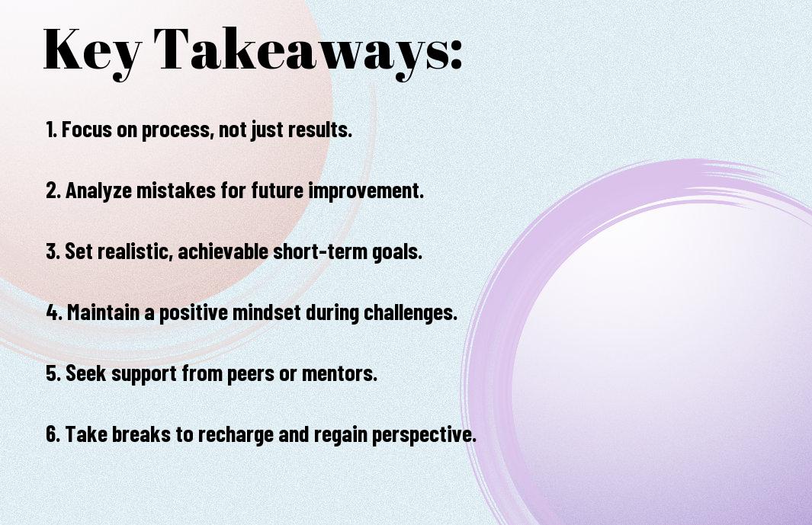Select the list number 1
(51, 130)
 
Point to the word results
(319, 130)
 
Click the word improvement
(366, 190)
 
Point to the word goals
(397, 252)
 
